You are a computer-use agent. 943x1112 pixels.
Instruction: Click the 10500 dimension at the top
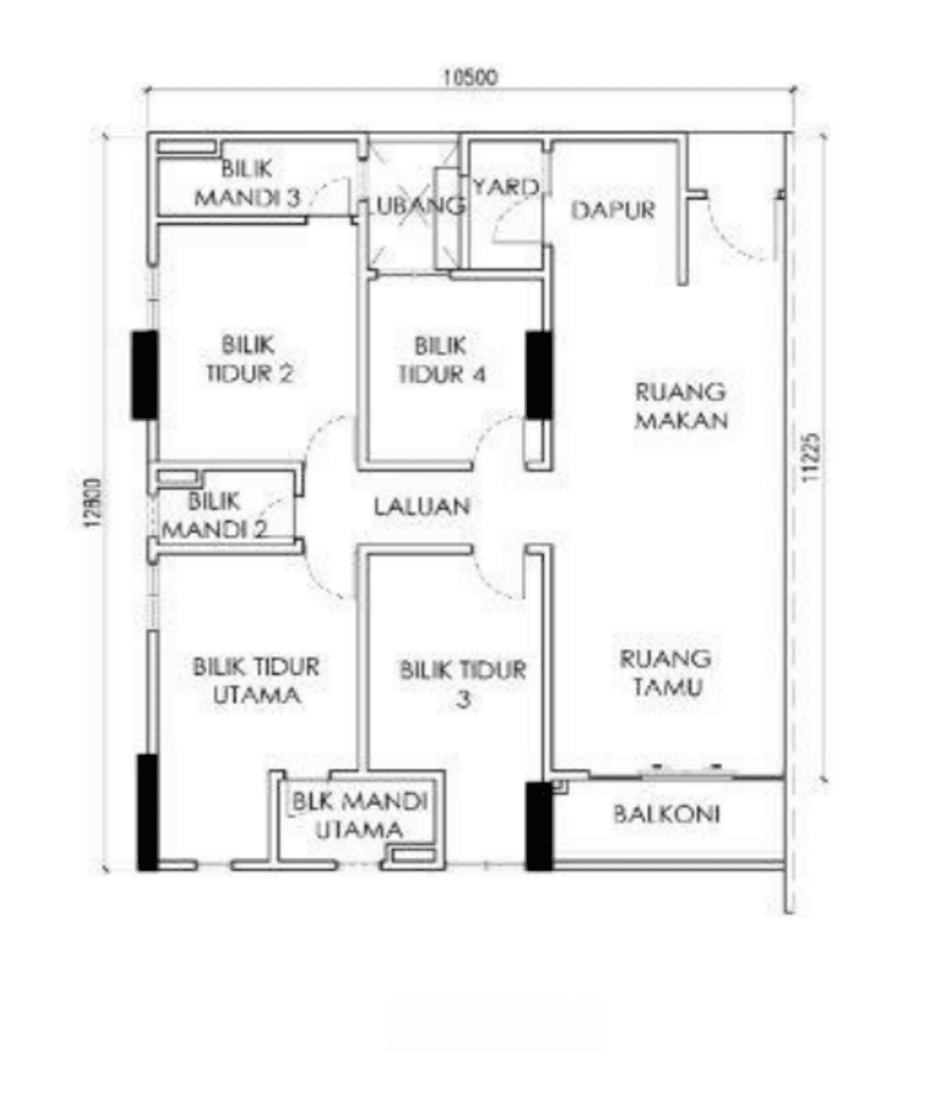tap(470, 78)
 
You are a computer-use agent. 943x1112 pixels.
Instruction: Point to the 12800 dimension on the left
tap(93, 503)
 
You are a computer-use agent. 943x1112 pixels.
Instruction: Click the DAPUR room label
tap(613, 211)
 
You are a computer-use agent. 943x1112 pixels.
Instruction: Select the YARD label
tap(506, 188)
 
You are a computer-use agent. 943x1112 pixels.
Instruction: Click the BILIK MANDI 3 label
tap(247, 184)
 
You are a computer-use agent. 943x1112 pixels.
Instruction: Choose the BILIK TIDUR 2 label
tap(250, 360)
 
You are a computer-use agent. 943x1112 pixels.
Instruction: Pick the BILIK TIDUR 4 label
tap(442, 360)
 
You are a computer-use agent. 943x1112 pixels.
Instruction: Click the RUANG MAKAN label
tap(681, 406)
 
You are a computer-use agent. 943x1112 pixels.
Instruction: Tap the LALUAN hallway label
tap(422, 507)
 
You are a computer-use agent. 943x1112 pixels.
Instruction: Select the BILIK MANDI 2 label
tap(214, 516)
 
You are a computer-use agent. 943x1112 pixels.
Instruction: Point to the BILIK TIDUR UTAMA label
tap(256, 681)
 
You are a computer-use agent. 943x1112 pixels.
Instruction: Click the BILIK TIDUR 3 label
tap(463, 684)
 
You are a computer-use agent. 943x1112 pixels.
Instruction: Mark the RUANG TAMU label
tap(666, 673)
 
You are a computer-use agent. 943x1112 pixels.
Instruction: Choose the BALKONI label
tap(666, 815)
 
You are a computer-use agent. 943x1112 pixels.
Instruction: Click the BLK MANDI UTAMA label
tap(360, 815)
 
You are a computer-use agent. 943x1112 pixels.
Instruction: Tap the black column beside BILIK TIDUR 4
tap(539, 375)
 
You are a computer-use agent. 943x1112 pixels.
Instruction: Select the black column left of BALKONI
tap(539, 827)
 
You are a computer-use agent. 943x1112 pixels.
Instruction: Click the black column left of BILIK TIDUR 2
tap(145, 375)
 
